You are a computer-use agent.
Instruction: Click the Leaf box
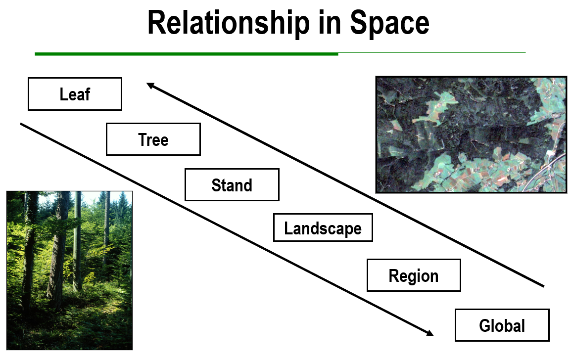(x=75, y=94)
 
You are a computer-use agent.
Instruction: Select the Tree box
(x=153, y=139)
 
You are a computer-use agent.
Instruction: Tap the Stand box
(x=232, y=185)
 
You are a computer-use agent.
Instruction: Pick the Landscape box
(x=323, y=228)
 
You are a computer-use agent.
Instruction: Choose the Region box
(x=414, y=275)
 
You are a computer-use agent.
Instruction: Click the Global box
(x=502, y=325)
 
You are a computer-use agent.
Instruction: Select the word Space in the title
(x=390, y=23)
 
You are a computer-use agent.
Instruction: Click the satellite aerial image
(x=471, y=134)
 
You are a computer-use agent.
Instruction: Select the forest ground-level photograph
(x=69, y=270)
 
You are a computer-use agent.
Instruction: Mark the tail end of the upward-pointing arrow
(x=543, y=286)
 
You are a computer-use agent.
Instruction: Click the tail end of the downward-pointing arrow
(x=21, y=124)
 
